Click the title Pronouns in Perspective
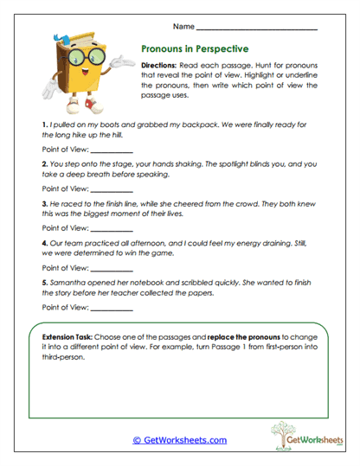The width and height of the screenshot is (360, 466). click(194, 50)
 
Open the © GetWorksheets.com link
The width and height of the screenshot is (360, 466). click(179, 440)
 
